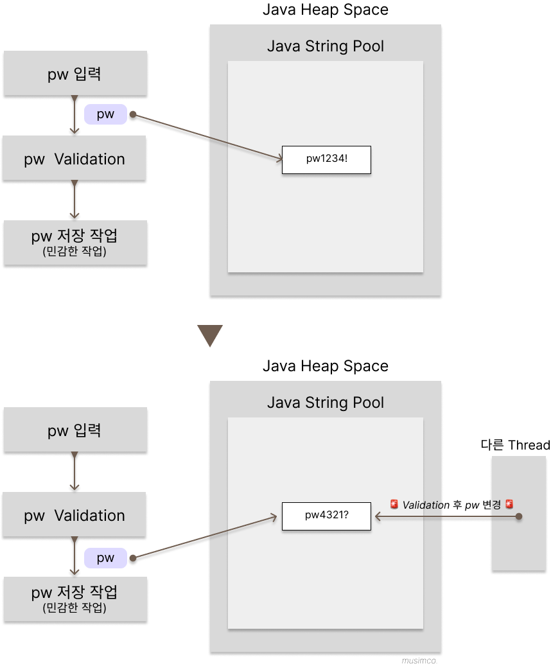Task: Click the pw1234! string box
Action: [326, 159]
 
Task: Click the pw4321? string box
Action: [326, 516]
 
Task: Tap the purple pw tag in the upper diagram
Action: [105, 115]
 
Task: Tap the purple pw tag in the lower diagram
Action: [105, 558]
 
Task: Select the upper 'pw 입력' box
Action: [74, 74]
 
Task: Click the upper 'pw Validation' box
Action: [74, 159]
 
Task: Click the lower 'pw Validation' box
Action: [74, 516]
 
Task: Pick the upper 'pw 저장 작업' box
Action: [74, 242]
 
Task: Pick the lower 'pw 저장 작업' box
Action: [74, 599]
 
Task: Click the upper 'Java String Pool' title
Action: [326, 46]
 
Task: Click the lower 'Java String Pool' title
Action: [326, 403]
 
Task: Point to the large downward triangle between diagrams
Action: [210, 335]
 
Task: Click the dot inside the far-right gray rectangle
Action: [519, 516]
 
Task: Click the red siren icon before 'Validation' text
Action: [394, 505]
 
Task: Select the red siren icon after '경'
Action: [509, 505]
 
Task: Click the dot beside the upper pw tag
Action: [133, 116]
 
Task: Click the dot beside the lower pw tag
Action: [133, 558]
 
